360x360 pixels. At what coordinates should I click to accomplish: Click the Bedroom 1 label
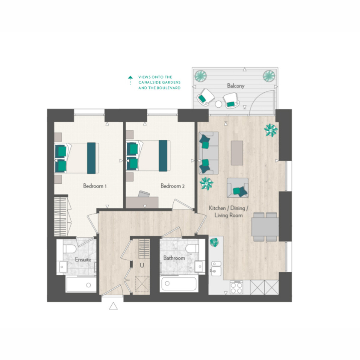tap(95, 186)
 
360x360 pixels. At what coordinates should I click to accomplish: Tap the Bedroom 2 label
tap(172, 186)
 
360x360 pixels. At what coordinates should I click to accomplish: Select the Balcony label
tap(235, 86)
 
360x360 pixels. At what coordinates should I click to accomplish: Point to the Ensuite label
tap(83, 259)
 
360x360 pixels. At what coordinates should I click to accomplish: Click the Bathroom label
tap(174, 258)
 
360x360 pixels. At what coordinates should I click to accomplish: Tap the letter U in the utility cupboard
tap(142, 265)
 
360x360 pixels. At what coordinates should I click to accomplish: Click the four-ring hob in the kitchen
tap(236, 287)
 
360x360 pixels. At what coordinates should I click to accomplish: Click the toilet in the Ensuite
tap(69, 249)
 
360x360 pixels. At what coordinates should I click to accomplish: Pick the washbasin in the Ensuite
tap(63, 267)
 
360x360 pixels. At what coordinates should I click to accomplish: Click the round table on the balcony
tap(218, 104)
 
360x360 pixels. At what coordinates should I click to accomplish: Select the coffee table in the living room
tap(237, 153)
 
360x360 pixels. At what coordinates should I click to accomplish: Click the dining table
tap(265, 227)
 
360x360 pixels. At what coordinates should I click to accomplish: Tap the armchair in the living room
tap(237, 188)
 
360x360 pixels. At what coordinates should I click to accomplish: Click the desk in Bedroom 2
tap(142, 202)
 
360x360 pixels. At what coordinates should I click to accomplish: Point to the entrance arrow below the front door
tap(113, 306)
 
